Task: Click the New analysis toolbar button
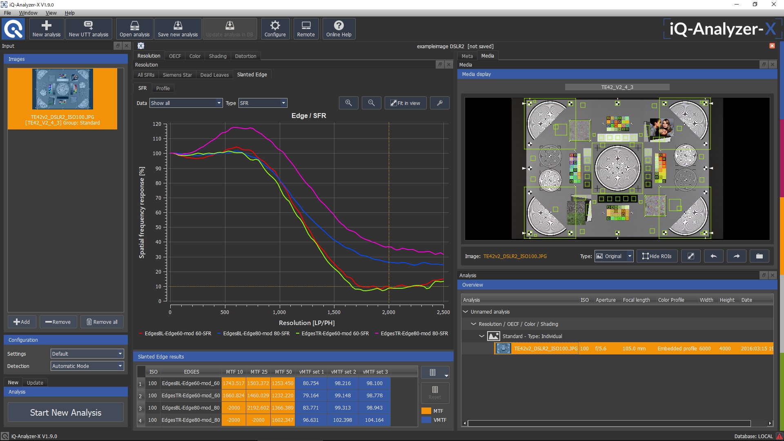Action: point(47,29)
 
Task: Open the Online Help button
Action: point(339,29)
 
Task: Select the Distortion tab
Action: point(245,56)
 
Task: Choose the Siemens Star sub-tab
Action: point(177,75)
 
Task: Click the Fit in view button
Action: point(405,103)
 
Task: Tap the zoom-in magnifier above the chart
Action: point(348,103)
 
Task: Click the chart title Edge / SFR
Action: point(309,116)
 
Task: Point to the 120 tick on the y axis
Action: point(157,124)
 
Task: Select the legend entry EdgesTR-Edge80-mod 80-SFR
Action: point(414,334)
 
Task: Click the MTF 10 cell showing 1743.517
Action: point(234,383)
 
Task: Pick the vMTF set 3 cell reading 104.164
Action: point(374,420)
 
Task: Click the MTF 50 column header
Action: point(283,372)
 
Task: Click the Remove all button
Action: point(102,322)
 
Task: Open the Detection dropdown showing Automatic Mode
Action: point(87,366)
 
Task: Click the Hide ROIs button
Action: point(657,256)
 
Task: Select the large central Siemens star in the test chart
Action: point(617,168)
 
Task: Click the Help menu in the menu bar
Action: point(69,13)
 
